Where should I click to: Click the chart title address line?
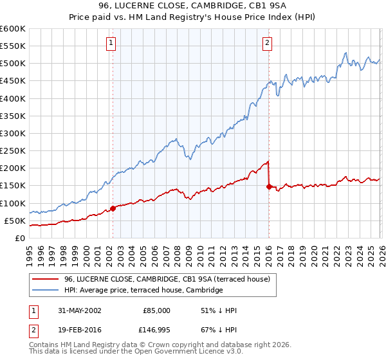click(192, 7)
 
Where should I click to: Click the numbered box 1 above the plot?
click(111, 43)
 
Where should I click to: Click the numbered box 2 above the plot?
click(267, 43)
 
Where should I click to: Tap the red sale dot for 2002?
click(113, 208)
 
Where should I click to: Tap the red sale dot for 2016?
click(269, 186)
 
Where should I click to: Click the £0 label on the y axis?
click(20, 238)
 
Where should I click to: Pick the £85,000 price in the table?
click(156, 310)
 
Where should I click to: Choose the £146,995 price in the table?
click(156, 330)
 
